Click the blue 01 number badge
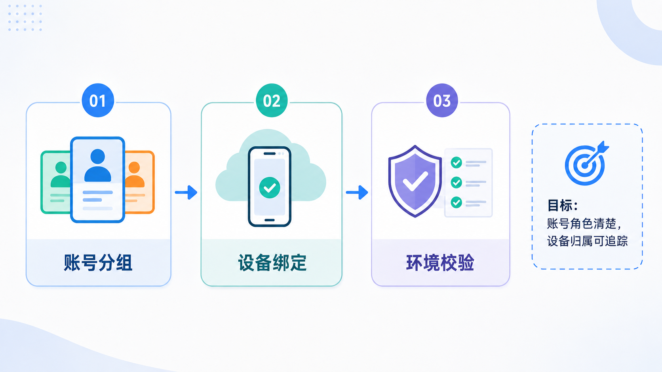point(98,100)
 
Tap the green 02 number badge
point(272,100)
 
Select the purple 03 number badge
point(442,100)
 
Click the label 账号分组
point(98,262)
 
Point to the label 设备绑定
point(272,262)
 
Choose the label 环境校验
point(440,262)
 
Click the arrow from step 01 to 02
point(186,193)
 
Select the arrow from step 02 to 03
point(357,193)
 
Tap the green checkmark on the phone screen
point(270,188)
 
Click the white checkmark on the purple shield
point(415,181)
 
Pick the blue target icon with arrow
point(586,163)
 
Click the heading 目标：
point(563,205)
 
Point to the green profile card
point(56,182)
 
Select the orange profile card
point(139,182)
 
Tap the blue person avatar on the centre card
point(97,165)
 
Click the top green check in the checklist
point(456,162)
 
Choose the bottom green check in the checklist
point(456,202)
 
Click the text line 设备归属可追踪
point(587,241)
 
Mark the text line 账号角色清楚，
point(584,224)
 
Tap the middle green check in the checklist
point(456,183)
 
